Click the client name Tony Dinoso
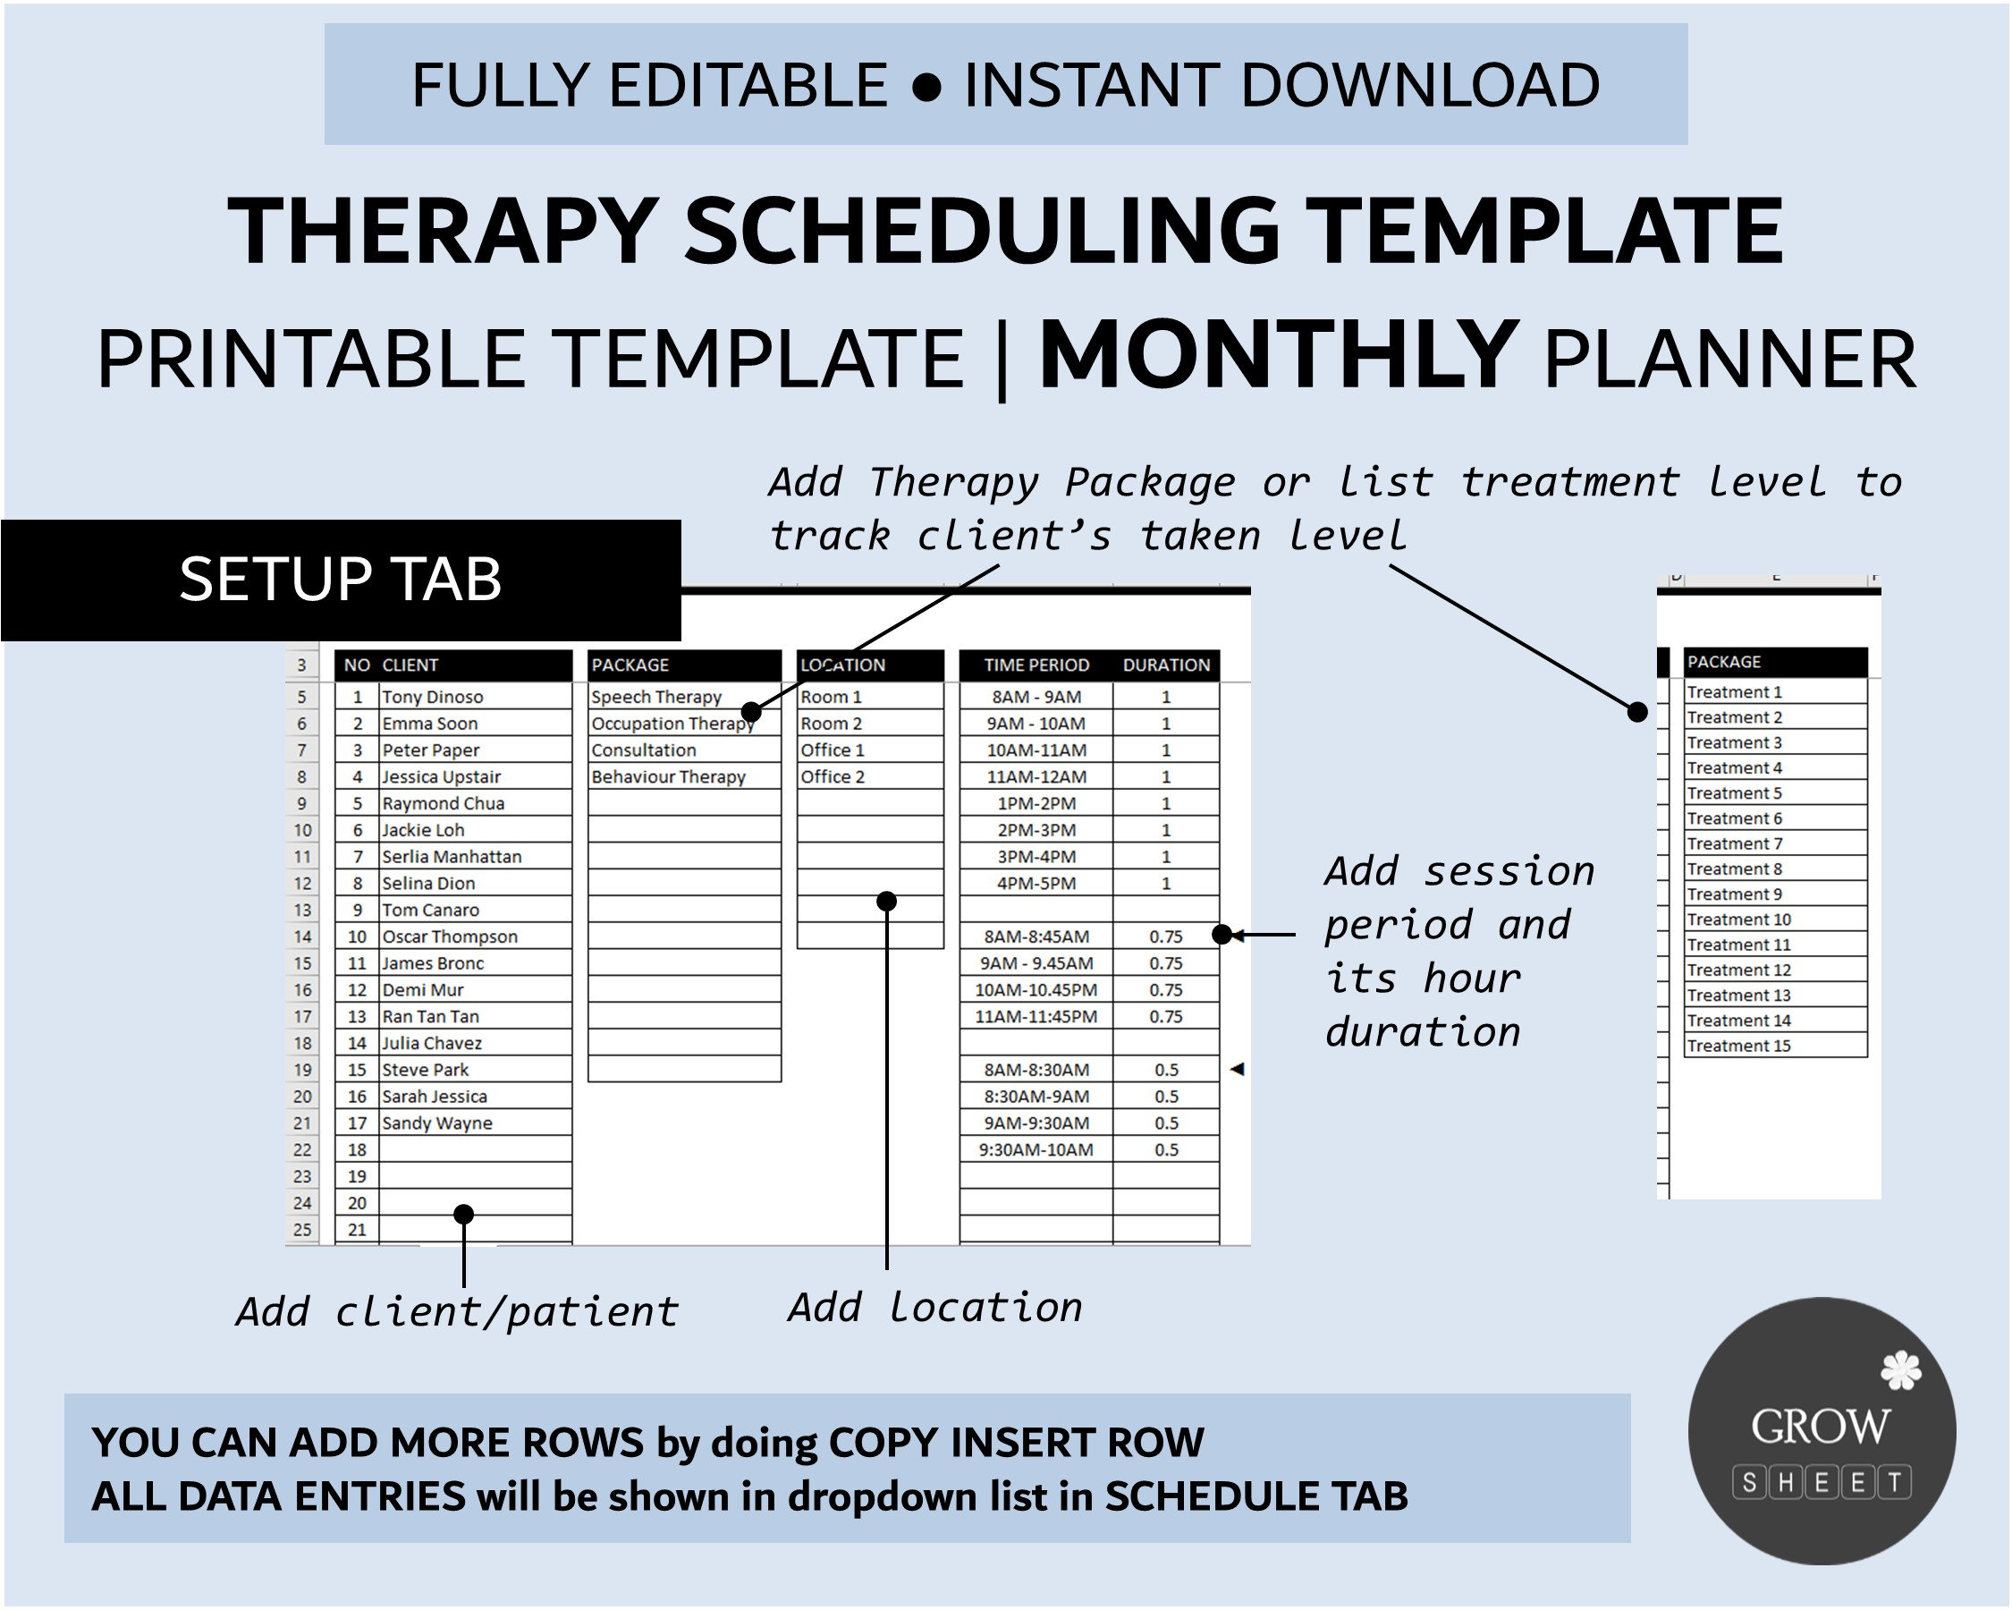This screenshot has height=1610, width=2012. [432, 697]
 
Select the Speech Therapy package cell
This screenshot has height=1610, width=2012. [656, 697]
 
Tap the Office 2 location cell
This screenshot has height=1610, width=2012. [833, 776]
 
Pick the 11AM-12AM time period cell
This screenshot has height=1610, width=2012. [1036, 776]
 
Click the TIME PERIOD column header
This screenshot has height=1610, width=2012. [1036, 665]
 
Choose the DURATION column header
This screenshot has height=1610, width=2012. [1165, 665]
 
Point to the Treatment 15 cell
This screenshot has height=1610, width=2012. [1738, 1046]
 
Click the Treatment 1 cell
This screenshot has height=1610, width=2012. [1734, 692]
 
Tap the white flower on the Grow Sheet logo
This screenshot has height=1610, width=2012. [1900, 1371]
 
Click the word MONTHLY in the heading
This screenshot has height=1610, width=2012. [1279, 357]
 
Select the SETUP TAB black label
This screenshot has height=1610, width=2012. [341, 580]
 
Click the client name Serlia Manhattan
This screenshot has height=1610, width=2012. [452, 857]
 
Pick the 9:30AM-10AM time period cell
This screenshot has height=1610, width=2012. [1036, 1150]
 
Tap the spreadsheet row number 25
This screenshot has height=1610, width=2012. [302, 1230]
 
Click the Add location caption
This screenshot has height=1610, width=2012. [935, 1308]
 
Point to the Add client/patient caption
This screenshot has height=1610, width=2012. [457, 1312]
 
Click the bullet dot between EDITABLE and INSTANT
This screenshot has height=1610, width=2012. [926, 87]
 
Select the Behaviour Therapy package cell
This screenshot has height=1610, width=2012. [668, 776]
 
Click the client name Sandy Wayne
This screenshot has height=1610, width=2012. [436, 1123]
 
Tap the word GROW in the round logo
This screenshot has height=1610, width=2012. [1820, 1427]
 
